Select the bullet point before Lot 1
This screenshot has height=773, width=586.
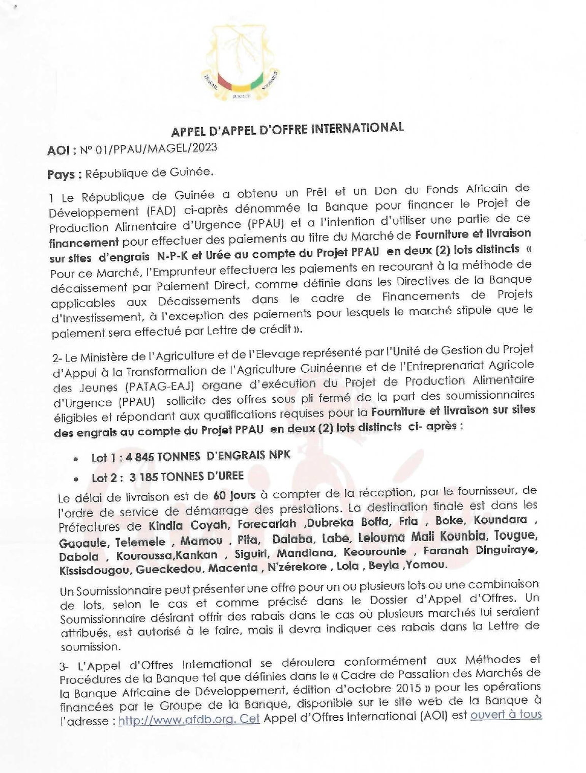[76, 458]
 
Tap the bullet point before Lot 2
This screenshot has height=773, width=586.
[76, 479]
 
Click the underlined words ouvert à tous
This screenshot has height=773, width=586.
[506, 714]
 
